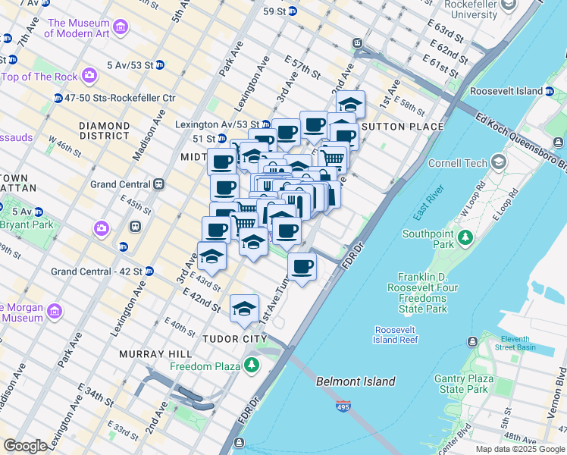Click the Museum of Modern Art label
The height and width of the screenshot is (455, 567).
click(x=78, y=27)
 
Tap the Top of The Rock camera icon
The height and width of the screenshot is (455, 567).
click(x=90, y=76)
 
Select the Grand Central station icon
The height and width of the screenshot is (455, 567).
click(x=159, y=184)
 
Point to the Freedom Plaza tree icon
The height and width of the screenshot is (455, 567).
click(x=252, y=366)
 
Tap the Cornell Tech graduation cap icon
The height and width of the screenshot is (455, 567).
click(x=499, y=162)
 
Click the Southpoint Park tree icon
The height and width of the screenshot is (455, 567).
click(x=462, y=239)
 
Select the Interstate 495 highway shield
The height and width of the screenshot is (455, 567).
click(x=343, y=407)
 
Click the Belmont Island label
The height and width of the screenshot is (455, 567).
click(x=356, y=381)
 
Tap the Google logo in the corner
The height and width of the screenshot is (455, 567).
click(x=25, y=446)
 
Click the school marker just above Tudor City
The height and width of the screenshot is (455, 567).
click(x=244, y=309)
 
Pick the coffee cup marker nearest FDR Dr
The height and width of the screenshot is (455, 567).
click(x=302, y=267)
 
